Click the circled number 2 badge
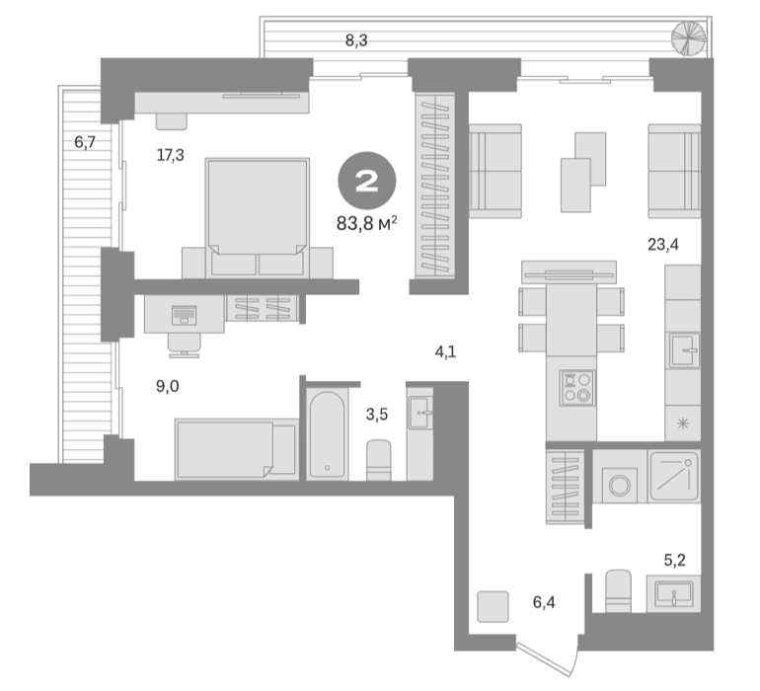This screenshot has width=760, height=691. coord(367,181)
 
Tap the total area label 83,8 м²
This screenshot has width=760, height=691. coord(367,223)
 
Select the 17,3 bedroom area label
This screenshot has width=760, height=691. coord(170,155)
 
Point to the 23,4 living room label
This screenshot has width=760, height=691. coord(663,245)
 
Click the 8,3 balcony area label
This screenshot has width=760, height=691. coord(356,40)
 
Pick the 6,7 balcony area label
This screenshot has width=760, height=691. coord(85,142)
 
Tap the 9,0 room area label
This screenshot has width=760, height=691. coord(167,386)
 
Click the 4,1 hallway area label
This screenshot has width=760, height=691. coord(445,351)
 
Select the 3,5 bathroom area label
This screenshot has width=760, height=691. coord(377,415)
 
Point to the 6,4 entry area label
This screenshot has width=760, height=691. coord(544,602)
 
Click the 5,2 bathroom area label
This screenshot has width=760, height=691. coord(674,560)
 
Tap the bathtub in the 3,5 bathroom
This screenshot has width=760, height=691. coord(327,434)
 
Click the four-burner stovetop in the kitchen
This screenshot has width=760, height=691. coord(576,388)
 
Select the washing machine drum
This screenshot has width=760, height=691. coord(620,485)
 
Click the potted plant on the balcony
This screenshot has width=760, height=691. coord(688,38)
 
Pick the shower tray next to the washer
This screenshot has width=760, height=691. coord(674,476)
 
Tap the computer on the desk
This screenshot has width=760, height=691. coord(185,315)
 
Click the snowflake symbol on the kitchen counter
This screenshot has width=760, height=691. coord(682,423)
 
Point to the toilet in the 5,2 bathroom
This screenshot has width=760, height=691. coord(619,590)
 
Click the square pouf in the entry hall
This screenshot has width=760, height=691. coord(493,607)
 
